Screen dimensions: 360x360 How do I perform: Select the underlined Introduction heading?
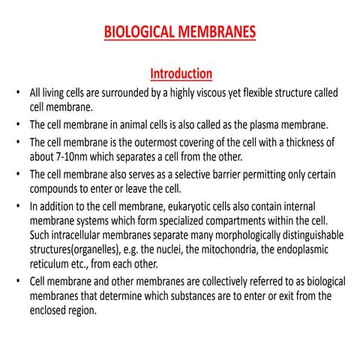[181, 73]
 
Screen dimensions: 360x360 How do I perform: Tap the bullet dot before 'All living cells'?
[18, 93]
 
